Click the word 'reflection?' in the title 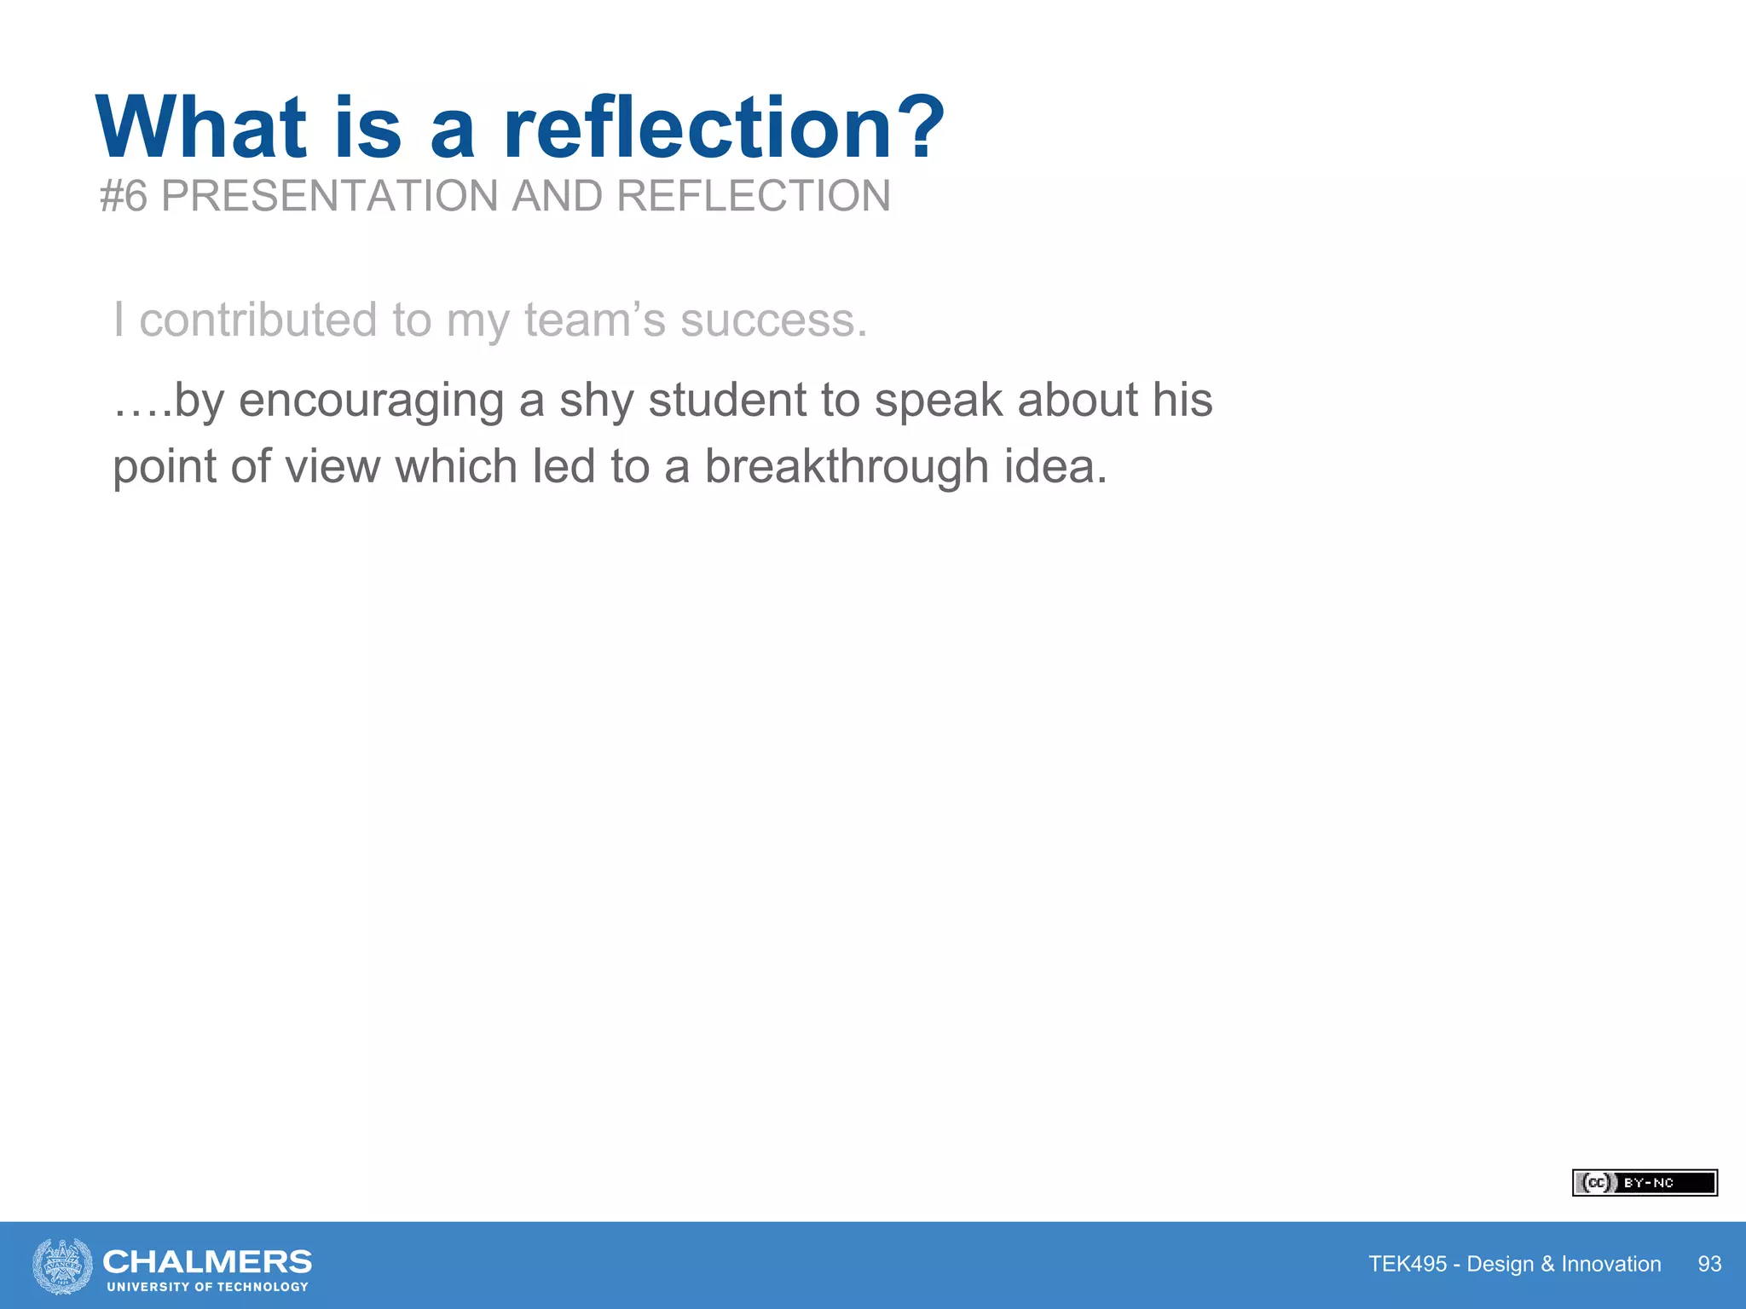tap(724, 128)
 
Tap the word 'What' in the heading tap(201, 128)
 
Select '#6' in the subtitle tap(124, 196)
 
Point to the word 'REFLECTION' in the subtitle tap(753, 196)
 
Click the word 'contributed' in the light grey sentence tap(257, 320)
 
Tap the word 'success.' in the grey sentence tap(773, 320)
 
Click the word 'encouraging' tap(371, 401)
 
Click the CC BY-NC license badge tap(1644, 1183)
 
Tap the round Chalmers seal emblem tap(62, 1266)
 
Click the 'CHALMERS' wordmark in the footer tap(207, 1261)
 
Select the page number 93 tap(1709, 1264)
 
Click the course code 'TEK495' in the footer tap(1408, 1264)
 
